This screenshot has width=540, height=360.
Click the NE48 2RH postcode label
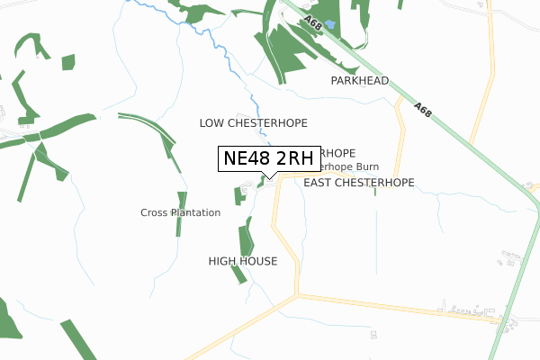pos(268,158)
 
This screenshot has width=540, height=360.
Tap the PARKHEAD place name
pos(359,81)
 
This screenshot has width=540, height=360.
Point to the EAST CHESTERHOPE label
pos(359,183)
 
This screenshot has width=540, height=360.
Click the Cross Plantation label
pos(180,212)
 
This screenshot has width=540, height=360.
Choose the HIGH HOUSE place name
pos(242,261)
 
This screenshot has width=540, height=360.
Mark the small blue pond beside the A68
pos(328,24)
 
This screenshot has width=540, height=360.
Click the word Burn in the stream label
pos(366,166)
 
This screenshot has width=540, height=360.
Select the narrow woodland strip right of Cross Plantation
pos(181,214)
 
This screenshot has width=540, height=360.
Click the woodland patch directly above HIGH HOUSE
pos(246,239)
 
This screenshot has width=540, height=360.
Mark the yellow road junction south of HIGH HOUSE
pos(298,294)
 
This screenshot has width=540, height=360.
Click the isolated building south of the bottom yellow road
pos(373,334)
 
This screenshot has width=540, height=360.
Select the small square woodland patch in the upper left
pos(68,62)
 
